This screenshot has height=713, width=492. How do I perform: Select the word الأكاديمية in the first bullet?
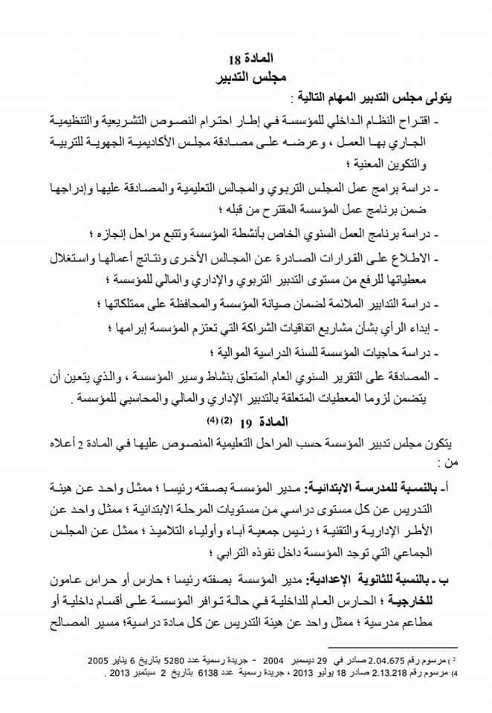(187, 137)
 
